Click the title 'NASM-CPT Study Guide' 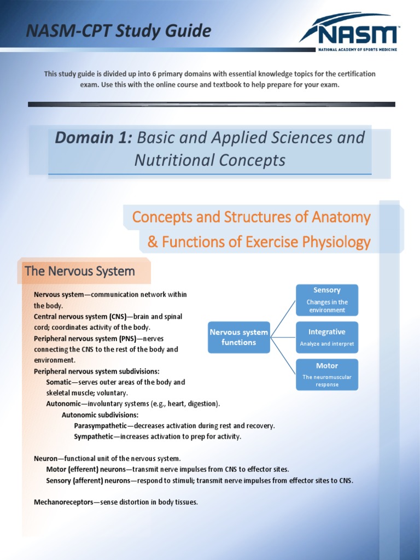119,31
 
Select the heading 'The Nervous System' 80,271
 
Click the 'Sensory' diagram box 327,300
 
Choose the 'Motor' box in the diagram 327,375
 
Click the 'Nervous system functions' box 238,337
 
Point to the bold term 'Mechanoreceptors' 63,502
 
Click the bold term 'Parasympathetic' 100,425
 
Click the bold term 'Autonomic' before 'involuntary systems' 64,404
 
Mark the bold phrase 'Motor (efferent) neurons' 86,469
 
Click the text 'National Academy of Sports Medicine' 358,50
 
